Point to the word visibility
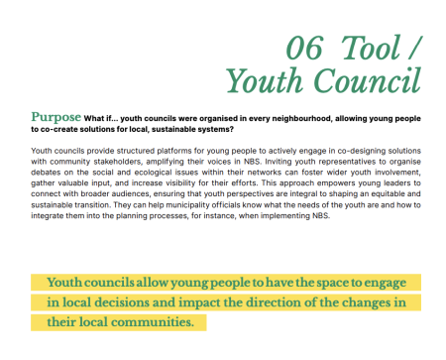189,184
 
